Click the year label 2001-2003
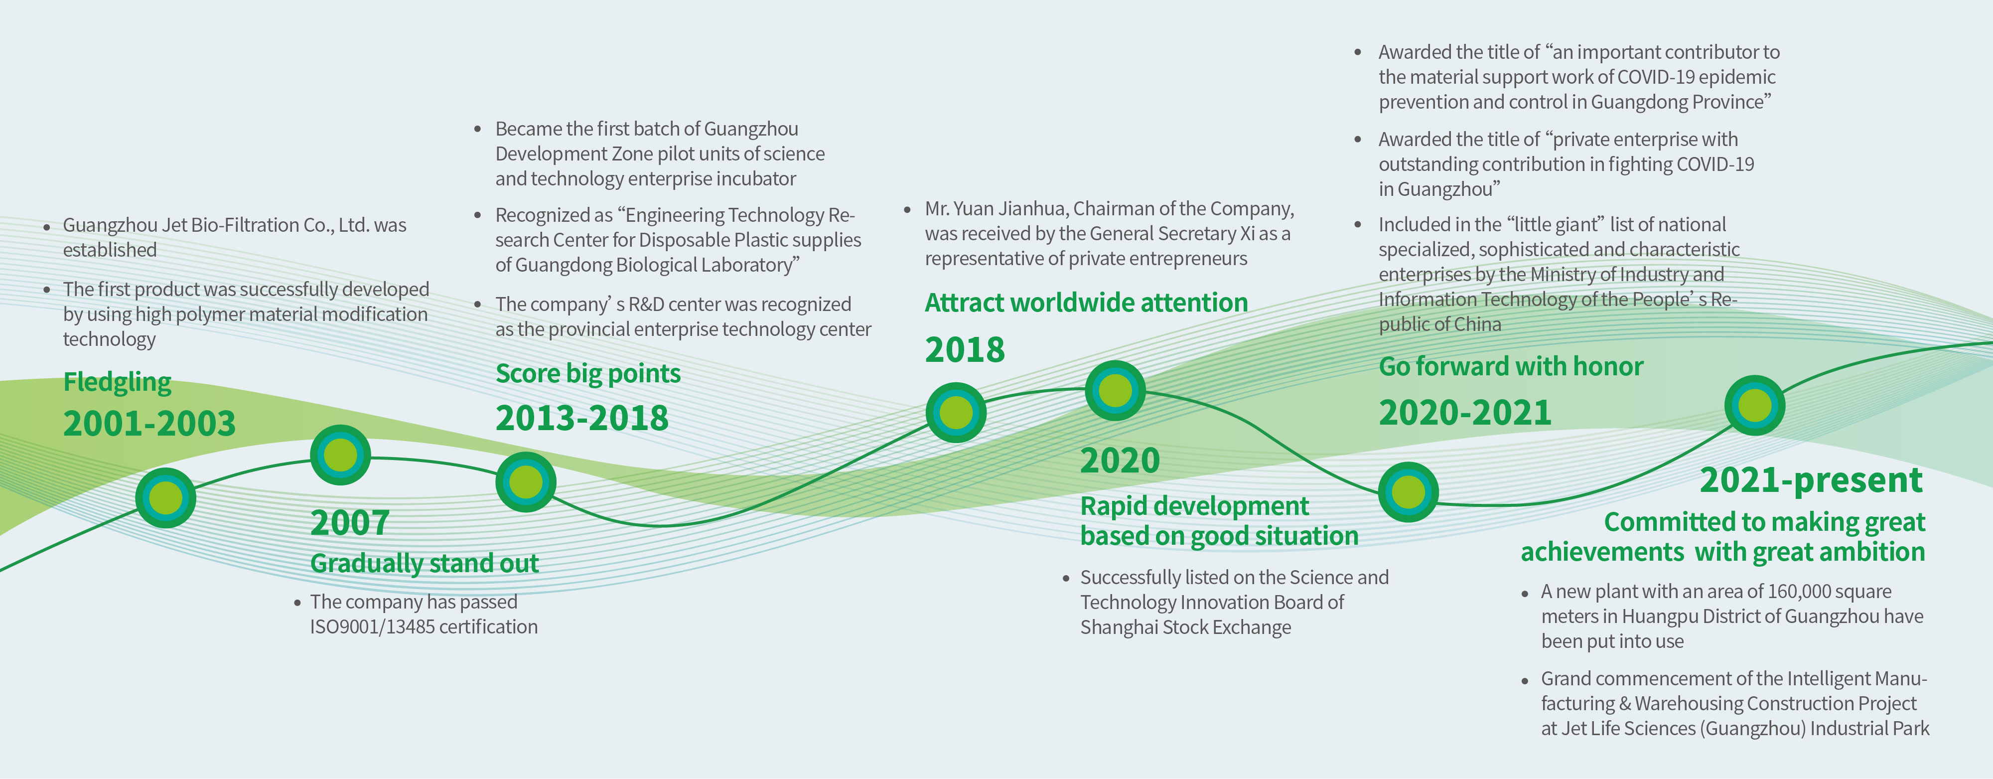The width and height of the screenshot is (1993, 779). click(149, 424)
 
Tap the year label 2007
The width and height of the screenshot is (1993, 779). click(350, 523)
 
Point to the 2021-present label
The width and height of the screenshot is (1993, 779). click(1811, 480)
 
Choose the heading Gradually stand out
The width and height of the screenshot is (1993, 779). click(424, 563)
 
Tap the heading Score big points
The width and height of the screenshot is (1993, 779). click(588, 374)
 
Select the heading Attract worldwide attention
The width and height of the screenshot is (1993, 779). click(1086, 303)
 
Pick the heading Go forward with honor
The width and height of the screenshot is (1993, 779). click(1511, 367)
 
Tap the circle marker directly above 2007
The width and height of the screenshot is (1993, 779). click(340, 455)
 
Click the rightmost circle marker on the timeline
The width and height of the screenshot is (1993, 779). click(1755, 405)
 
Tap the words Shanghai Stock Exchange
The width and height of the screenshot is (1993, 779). click(1185, 627)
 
